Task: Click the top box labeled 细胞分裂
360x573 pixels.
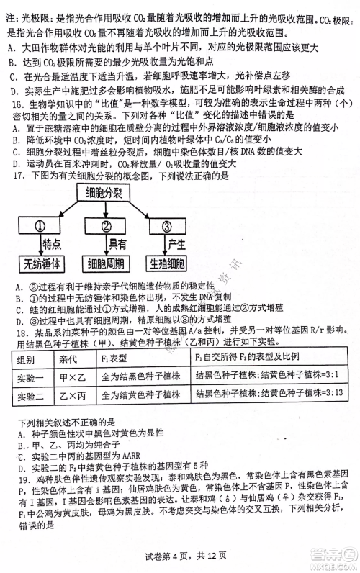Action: [x=103, y=194]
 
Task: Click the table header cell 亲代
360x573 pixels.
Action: [x=69, y=358]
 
